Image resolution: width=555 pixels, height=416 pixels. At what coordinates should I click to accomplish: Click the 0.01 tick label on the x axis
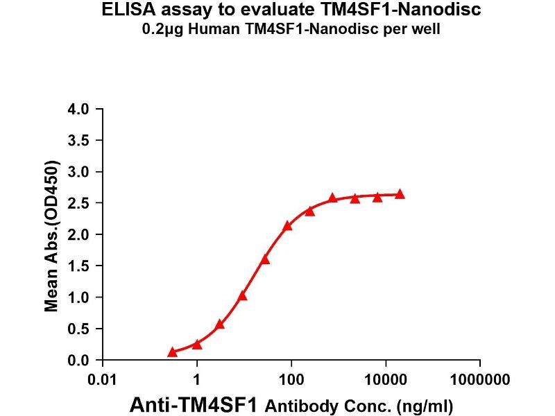pyautogui.click(x=103, y=380)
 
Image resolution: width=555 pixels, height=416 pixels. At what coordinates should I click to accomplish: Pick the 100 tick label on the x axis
pyautogui.click(x=291, y=380)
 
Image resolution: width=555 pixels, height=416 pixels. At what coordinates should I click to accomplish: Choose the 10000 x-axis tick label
pyautogui.click(x=386, y=380)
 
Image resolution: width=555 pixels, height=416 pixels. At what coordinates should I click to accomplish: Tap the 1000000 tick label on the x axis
pyautogui.click(x=479, y=380)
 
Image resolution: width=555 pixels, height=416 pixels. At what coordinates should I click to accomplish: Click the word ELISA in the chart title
pyautogui.click(x=128, y=10)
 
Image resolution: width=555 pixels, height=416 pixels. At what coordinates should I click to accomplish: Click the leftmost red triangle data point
pyautogui.click(x=172, y=352)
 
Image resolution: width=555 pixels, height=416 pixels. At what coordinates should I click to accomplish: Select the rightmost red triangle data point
pyautogui.click(x=400, y=195)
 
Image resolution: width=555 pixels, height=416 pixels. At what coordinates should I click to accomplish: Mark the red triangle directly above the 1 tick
pyautogui.click(x=197, y=344)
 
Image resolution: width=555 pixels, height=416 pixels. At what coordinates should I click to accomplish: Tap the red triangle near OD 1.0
pyautogui.click(x=242, y=295)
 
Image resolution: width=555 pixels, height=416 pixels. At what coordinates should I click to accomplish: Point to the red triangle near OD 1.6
pyautogui.click(x=264, y=259)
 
